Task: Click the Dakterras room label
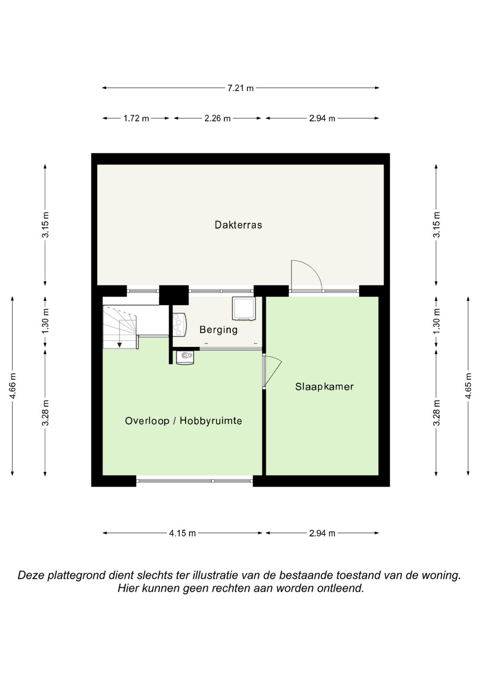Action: [238, 225]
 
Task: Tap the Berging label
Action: [219, 330]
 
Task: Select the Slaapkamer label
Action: [324, 387]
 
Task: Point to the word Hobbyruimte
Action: [211, 421]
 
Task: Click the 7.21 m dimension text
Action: [240, 88]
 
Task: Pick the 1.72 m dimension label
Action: [136, 118]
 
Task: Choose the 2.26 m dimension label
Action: [217, 118]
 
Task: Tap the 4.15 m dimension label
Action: [182, 533]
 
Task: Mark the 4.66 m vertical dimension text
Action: [12, 386]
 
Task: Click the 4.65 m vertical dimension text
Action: [468, 386]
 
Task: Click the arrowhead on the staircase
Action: [120, 345]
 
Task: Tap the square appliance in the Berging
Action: [243, 308]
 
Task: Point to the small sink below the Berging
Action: [185, 358]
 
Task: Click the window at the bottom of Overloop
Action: [194, 481]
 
